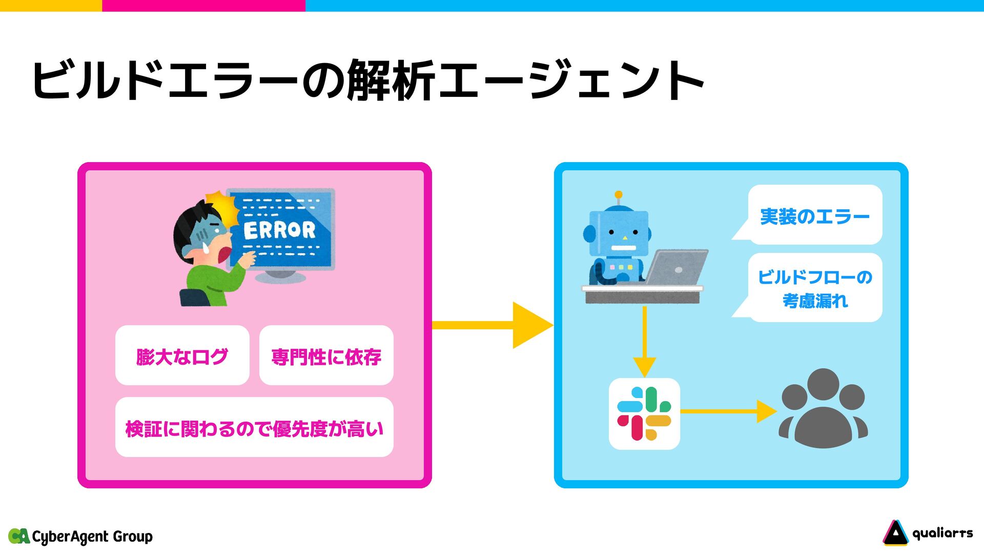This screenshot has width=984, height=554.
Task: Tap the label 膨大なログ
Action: pyautogui.click(x=182, y=357)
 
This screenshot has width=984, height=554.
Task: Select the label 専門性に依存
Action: pyautogui.click(x=326, y=357)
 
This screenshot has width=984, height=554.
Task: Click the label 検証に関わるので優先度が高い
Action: pyautogui.click(x=254, y=428)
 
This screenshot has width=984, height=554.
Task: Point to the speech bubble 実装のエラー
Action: pyautogui.click(x=814, y=216)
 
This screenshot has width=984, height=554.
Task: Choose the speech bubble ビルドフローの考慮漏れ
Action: pyautogui.click(x=815, y=288)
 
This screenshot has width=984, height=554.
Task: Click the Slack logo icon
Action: pyautogui.click(x=644, y=413)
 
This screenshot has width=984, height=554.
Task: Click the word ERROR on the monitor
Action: pyautogui.click(x=279, y=230)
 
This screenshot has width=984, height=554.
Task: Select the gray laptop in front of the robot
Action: pyautogui.click(x=676, y=267)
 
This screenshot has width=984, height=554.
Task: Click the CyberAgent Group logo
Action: pyautogui.click(x=80, y=537)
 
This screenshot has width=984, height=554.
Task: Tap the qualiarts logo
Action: pyautogui.click(x=928, y=533)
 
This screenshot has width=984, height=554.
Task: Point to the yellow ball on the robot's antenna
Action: pyautogui.click(x=619, y=195)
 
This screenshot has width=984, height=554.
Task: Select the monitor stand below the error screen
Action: pyautogui.click(x=280, y=277)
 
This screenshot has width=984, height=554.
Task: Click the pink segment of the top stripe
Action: pyautogui.click(x=203, y=5)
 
